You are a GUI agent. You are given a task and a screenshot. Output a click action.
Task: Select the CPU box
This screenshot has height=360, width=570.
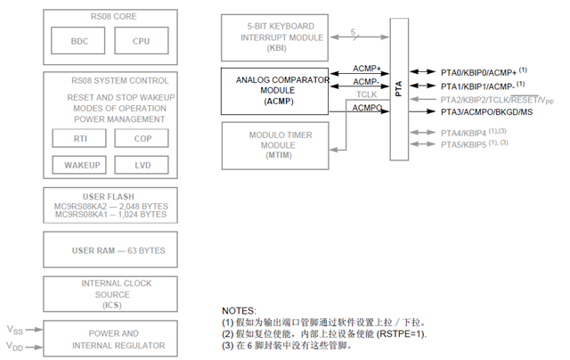click(141, 41)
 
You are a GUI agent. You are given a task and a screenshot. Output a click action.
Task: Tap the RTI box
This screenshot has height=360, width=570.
click(79, 138)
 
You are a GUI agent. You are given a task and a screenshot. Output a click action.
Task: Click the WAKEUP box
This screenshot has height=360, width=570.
click(79, 165)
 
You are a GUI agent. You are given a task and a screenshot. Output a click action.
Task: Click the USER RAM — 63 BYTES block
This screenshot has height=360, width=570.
click(111, 250)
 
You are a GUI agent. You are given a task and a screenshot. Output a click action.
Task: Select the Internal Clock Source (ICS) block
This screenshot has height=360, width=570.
click(111, 293)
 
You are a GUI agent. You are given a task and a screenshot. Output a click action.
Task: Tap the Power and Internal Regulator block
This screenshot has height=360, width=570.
click(111, 339)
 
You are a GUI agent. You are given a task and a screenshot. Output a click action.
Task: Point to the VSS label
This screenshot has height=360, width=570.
click(12, 330)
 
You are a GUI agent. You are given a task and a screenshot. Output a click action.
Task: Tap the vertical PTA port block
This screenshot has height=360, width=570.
click(398, 89)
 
